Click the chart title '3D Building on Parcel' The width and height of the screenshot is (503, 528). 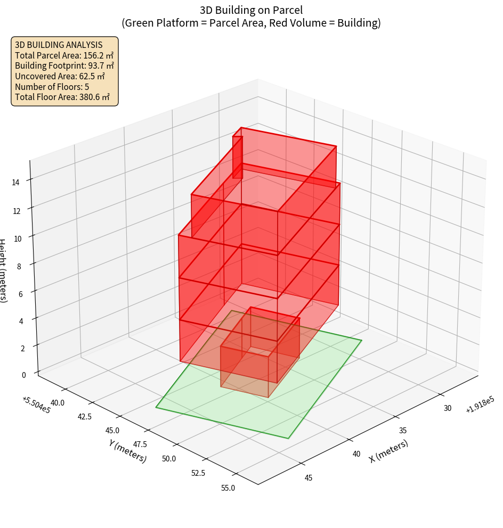click(x=251, y=10)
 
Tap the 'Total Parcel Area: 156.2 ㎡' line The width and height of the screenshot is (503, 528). click(x=64, y=55)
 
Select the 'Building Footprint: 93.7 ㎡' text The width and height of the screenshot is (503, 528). click(x=64, y=65)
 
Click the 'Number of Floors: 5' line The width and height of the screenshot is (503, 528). click(x=52, y=87)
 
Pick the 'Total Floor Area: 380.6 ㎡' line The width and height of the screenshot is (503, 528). click(x=62, y=97)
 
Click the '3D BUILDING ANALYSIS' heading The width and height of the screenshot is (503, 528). click(x=59, y=45)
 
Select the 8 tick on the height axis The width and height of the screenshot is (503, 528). click(x=19, y=266)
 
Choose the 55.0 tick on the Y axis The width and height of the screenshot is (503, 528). click(x=228, y=488)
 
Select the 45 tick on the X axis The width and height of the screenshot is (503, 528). click(x=309, y=477)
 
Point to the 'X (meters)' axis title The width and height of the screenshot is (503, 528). click(x=388, y=451)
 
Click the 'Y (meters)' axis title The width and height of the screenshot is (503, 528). click(x=128, y=451)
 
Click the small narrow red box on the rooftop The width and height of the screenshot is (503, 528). click(x=238, y=157)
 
